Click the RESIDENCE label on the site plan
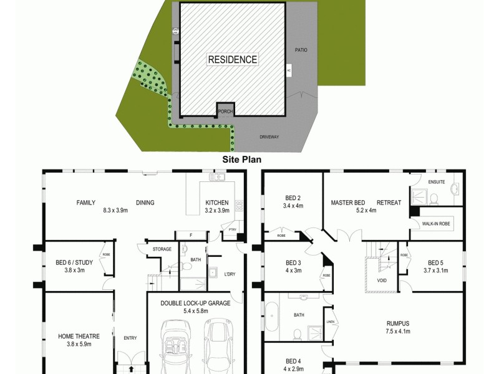(x=232, y=60)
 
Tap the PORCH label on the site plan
(x=225, y=112)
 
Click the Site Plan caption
(x=242, y=159)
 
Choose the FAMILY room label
(x=86, y=203)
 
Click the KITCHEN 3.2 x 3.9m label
(x=217, y=206)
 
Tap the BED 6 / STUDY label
(x=74, y=266)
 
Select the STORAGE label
(x=162, y=249)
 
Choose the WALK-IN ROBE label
(x=436, y=223)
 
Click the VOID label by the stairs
(x=382, y=280)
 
